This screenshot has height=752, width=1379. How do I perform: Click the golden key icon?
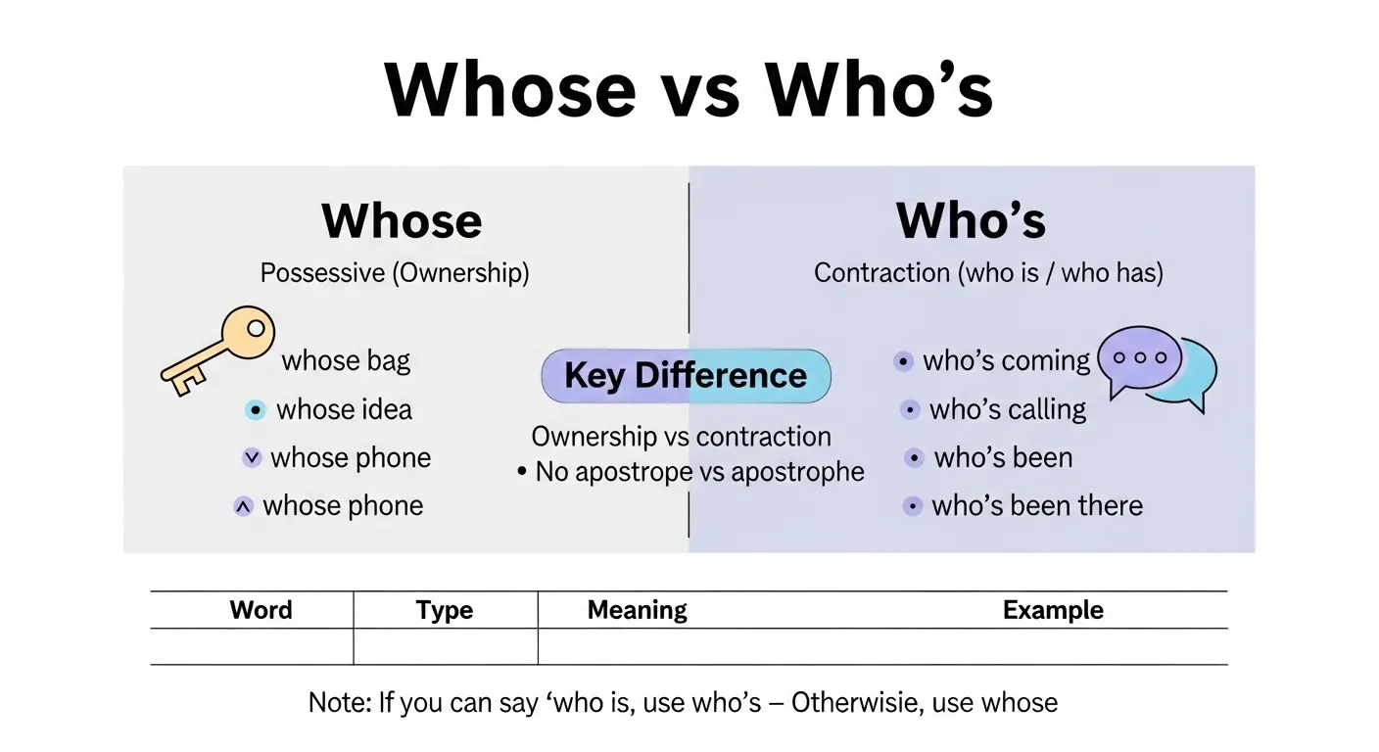pos(217,351)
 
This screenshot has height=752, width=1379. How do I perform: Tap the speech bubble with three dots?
pos(1141,359)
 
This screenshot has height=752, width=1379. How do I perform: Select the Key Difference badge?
pos(686,376)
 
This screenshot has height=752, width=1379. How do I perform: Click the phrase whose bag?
pos(346,361)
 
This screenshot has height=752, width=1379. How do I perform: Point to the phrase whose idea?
pos(344,409)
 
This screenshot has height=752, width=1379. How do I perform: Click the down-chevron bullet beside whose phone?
pos(252,457)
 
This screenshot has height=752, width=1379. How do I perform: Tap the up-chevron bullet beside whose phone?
pos(244,506)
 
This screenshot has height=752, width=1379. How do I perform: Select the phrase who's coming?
pos(1006,361)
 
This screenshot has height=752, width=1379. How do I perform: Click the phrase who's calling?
pos(1008,409)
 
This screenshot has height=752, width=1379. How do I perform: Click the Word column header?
pos(261,610)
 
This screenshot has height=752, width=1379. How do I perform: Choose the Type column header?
pos(445,610)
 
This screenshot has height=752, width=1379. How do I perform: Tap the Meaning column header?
pos(637,610)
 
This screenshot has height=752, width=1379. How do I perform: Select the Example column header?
pos(1053,610)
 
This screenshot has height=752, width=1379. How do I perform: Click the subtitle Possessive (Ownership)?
pos(395,272)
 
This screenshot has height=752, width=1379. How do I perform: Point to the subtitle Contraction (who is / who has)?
pos(988,272)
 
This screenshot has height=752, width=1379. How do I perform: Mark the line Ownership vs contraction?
pos(681,437)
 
